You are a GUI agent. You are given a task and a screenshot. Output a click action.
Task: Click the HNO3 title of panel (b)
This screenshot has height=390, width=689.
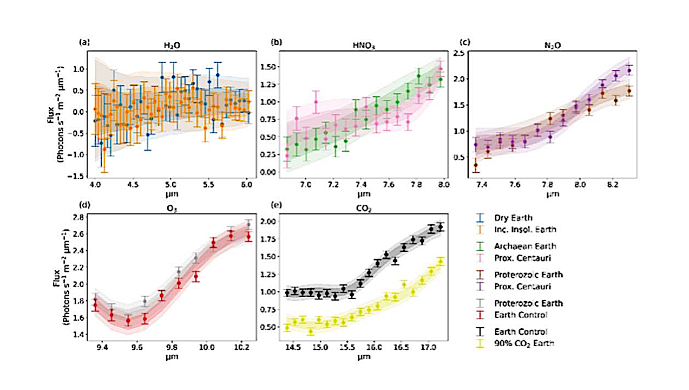click(360, 46)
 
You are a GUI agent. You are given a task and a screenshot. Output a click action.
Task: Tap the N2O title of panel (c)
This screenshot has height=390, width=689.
click(548, 46)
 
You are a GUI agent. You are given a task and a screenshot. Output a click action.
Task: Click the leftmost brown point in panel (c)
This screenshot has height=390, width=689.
click(476, 165)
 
